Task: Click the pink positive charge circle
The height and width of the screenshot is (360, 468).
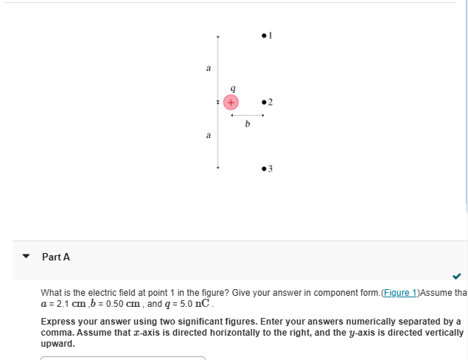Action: pos(231,101)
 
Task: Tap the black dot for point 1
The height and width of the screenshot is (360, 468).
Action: pos(264,34)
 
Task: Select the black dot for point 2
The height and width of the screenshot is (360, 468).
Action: pos(264,102)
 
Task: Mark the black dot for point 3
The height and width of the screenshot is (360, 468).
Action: pos(264,169)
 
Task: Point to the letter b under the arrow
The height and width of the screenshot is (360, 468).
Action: pos(247,125)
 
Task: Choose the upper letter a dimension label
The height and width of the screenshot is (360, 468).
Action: pos(208,68)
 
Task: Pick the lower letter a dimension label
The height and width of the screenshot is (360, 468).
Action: pos(208,136)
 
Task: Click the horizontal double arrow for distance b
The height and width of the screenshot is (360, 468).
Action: pos(248,115)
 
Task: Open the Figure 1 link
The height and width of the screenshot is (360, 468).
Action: pos(398,293)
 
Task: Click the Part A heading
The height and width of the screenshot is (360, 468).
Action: pos(56,257)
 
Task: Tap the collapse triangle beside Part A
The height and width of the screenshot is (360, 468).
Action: pos(27,257)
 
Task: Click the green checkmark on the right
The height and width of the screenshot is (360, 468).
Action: pos(457,277)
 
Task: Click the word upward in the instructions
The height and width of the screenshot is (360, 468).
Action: pos(57,344)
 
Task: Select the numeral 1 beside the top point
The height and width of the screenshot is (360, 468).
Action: pos(270,34)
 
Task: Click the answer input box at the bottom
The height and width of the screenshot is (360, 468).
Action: pos(122,358)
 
